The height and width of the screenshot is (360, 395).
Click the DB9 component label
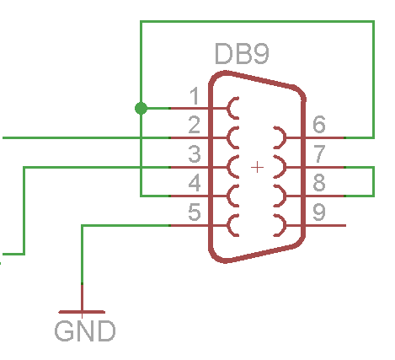click(x=242, y=53)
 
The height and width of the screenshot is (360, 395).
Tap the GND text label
click(x=85, y=331)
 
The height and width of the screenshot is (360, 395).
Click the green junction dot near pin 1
click(x=141, y=108)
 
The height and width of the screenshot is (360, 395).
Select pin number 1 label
click(x=195, y=96)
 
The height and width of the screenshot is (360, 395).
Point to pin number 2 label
click(x=195, y=125)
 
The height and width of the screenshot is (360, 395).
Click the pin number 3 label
click(x=195, y=153)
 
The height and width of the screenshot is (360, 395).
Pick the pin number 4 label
click(x=195, y=183)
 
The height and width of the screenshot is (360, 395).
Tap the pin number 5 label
click(x=195, y=212)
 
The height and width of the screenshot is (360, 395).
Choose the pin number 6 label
click(x=319, y=124)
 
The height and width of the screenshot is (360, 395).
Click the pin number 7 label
click(x=319, y=153)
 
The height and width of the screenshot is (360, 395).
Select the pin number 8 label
click(x=319, y=183)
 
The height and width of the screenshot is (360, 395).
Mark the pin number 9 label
click(x=319, y=212)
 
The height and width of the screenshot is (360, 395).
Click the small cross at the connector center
click(x=257, y=168)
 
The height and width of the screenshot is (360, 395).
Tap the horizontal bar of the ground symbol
click(x=82, y=312)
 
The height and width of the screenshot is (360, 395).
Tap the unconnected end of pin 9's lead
click(x=345, y=225)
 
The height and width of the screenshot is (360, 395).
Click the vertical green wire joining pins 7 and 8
click(x=373, y=181)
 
